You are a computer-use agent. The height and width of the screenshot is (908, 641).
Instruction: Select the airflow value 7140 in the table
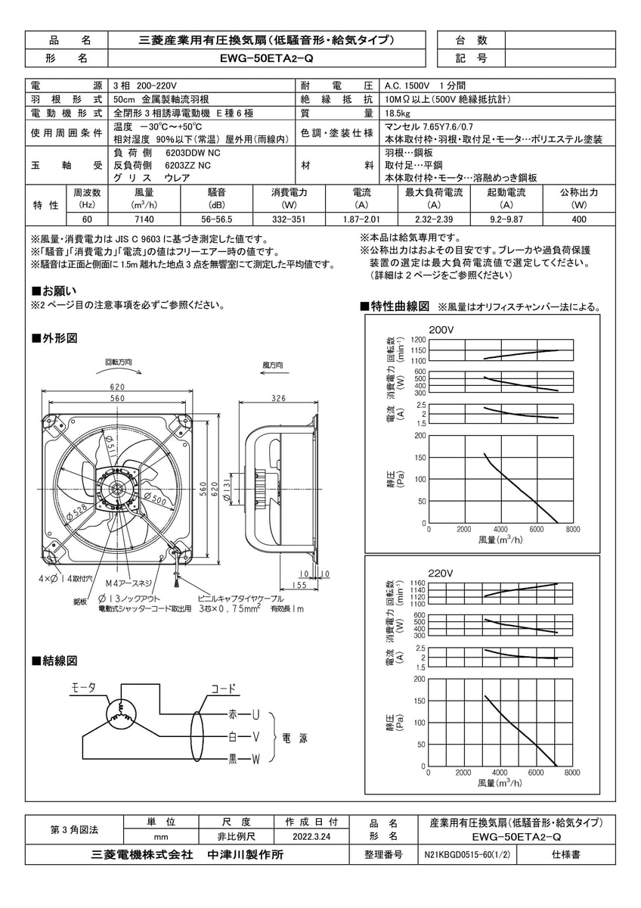[x=144, y=219]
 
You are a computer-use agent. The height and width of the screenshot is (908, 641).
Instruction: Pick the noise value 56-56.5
[x=217, y=219]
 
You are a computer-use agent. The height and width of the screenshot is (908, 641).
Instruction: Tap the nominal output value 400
[x=579, y=219]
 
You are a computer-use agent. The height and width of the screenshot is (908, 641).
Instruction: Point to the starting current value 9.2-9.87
[x=507, y=219]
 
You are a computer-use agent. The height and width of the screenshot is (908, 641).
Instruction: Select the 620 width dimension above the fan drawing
[x=116, y=387]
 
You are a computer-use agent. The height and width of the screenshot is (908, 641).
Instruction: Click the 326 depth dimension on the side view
[x=278, y=398]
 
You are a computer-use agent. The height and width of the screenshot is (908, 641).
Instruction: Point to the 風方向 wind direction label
[x=272, y=365]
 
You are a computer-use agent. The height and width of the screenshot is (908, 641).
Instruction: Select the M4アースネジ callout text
[x=129, y=583]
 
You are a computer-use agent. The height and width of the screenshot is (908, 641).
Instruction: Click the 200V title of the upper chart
[x=441, y=330]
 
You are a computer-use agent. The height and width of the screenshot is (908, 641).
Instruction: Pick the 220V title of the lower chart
[x=441, y=573]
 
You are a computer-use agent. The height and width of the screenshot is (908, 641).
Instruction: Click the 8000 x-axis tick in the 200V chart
[x=572, y=530]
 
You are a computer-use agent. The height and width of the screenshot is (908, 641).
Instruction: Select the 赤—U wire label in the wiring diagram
[x=243, y=714]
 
